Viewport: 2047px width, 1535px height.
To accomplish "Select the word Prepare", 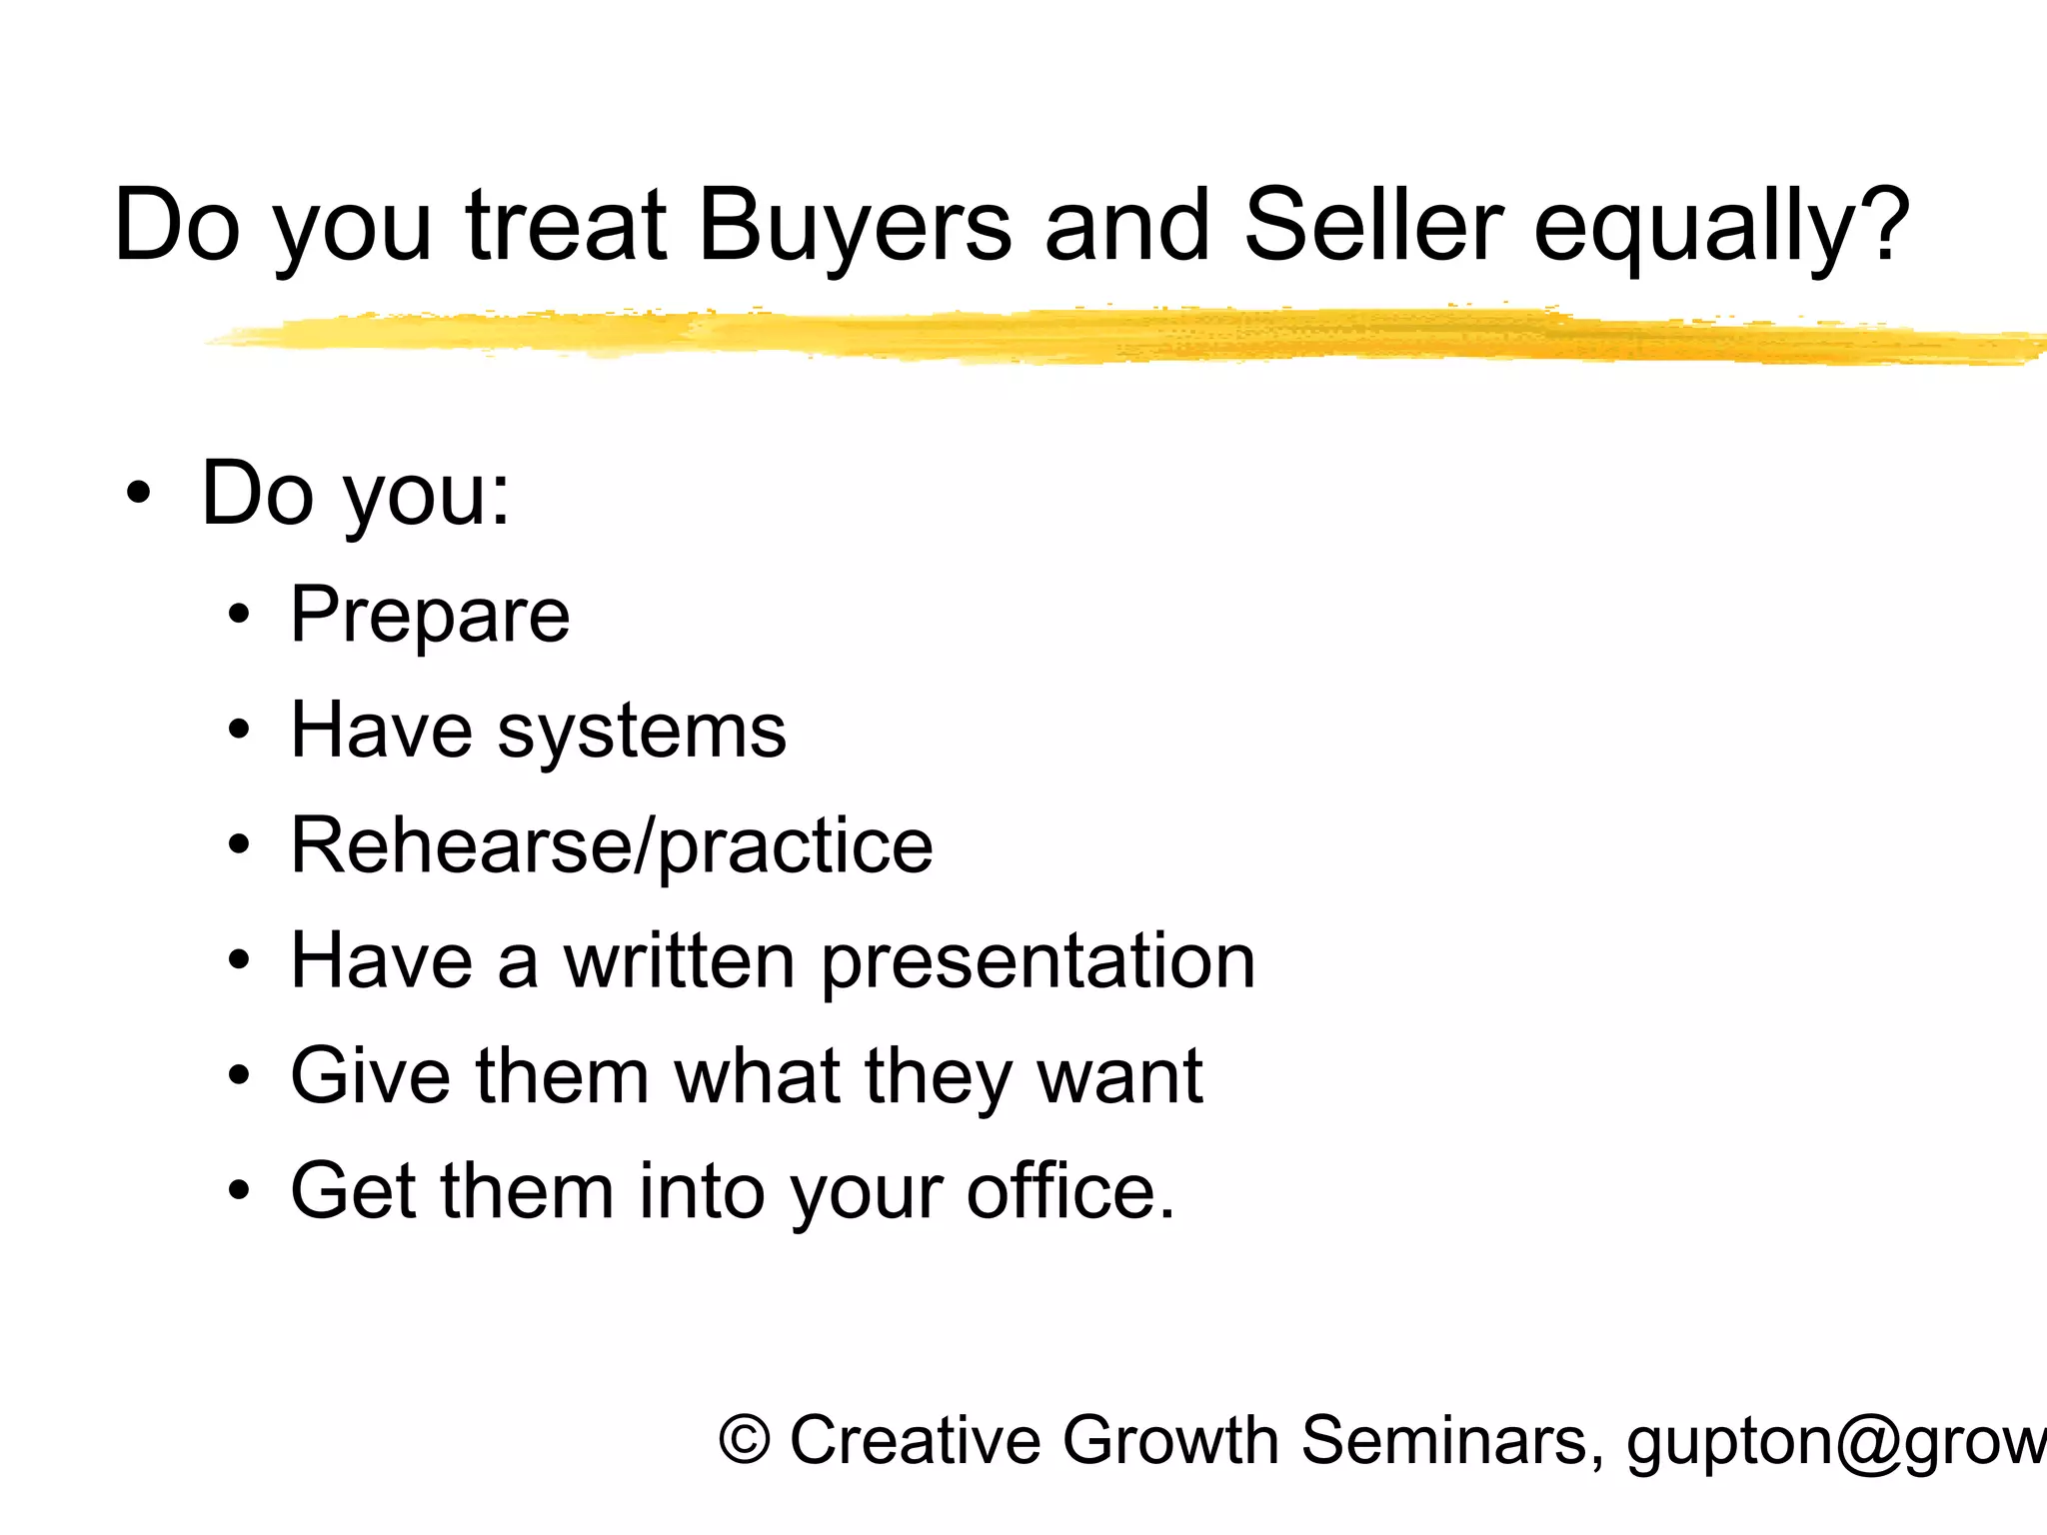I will coord(430,616).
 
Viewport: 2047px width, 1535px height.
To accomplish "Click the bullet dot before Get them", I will coord(238,1191).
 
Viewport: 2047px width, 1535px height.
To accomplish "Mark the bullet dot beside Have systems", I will coord(238,731).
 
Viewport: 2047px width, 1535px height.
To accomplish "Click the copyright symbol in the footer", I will coord(745,1441).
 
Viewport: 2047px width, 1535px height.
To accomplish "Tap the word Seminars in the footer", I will coord(1444,1441).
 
